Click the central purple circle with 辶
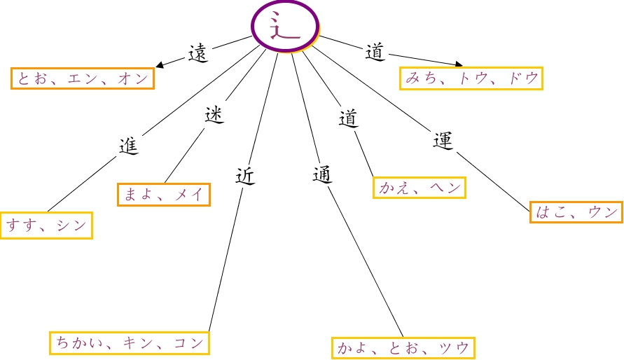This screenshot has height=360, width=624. (285, 27)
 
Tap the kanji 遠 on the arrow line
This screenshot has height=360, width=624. (199, 53)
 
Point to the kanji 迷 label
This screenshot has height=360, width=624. (214, 114)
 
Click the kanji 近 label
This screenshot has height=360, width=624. (244, 175)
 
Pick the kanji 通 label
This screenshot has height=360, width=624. (321, 174)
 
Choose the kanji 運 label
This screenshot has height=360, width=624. (443, 140)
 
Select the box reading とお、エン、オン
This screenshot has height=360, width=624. (83, 78)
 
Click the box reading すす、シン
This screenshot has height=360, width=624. (46, 226)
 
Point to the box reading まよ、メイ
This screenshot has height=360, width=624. (164, 194)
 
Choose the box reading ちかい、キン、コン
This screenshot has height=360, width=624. (130, 343)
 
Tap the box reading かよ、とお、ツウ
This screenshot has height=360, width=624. (403, 347)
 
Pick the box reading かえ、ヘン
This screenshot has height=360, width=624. (419, 188)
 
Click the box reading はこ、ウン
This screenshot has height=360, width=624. (576, 212)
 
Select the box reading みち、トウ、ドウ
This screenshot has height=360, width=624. (472, 78)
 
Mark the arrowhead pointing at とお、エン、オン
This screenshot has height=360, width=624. (160, 65)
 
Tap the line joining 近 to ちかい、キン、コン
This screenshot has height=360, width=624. (226, 259)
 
